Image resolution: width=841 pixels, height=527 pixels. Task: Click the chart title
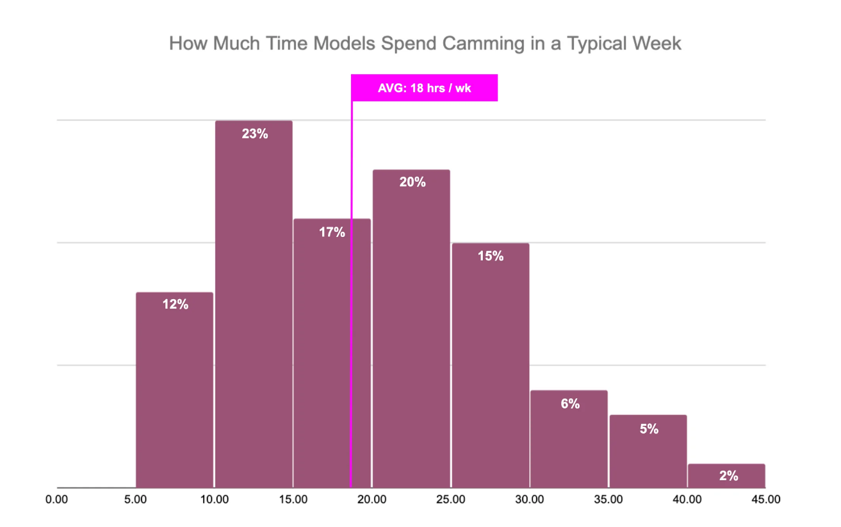coord(425,44)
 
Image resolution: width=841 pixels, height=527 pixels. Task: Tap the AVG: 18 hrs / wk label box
coord(424,88)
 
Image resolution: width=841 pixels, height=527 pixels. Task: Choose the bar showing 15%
coord(490,365)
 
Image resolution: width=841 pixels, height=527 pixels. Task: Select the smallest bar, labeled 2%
coord(726,476)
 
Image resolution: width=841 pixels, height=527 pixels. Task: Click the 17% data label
coord(332,232)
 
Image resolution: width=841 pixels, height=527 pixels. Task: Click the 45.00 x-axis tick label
coord(765,499)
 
